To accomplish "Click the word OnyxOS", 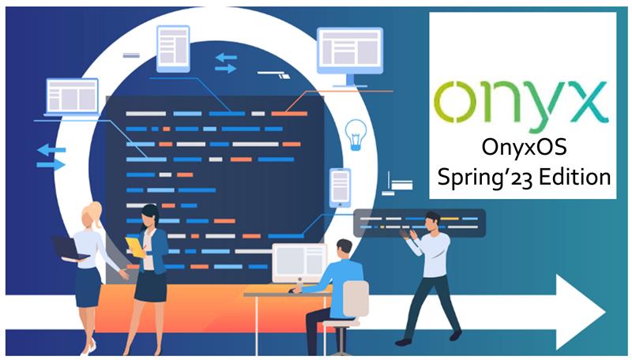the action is coord(524,147).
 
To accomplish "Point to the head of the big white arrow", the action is coord(581,312).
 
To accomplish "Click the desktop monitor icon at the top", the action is coord(349,57).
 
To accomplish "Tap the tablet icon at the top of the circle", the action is coord(173,49).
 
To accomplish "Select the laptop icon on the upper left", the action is coord(72,97).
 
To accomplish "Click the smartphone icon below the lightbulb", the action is coord(340,188).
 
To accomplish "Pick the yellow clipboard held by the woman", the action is coord(135,247).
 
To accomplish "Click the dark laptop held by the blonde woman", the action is coord(70,249).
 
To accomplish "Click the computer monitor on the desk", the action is coord(299,263).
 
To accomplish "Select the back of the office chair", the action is coord(355,298).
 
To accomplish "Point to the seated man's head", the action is coord(344,249).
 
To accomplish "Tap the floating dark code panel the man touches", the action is coord(419,223).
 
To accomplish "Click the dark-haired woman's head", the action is coord(150,216).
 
